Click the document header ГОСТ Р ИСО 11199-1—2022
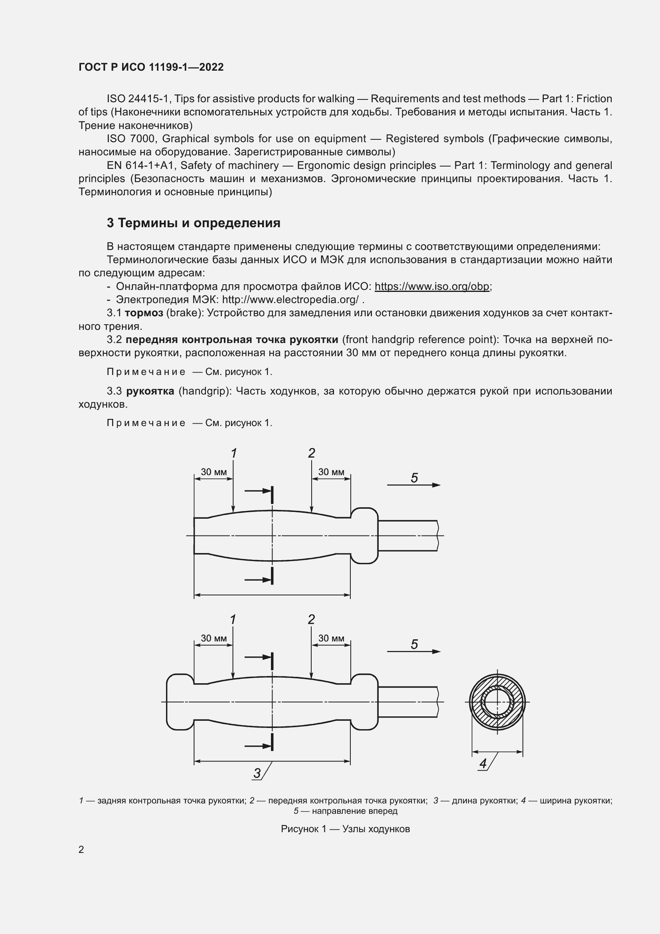[x=151, y=67]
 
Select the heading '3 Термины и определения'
[x=194, y=223]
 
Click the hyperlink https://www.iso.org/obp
[x=432, y=286]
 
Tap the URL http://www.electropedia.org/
[x=290, y=300]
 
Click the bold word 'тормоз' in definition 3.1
[x=144, y=313]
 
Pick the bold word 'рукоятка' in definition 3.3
[x=150, y=391]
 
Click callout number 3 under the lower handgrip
[x=257, y=773]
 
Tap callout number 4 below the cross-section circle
[x=483, y=763]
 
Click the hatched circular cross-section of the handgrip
[x=498, y=702]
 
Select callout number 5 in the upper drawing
[x=414, y=478]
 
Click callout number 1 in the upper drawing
[x=234, y=453]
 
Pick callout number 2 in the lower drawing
[x=311, y=620]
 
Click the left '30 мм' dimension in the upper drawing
[x=214, y=472]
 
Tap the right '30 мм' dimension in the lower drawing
[x=331, y=638]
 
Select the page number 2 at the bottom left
[x=81, y=849]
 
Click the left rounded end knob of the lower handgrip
[x=180, y=702]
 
